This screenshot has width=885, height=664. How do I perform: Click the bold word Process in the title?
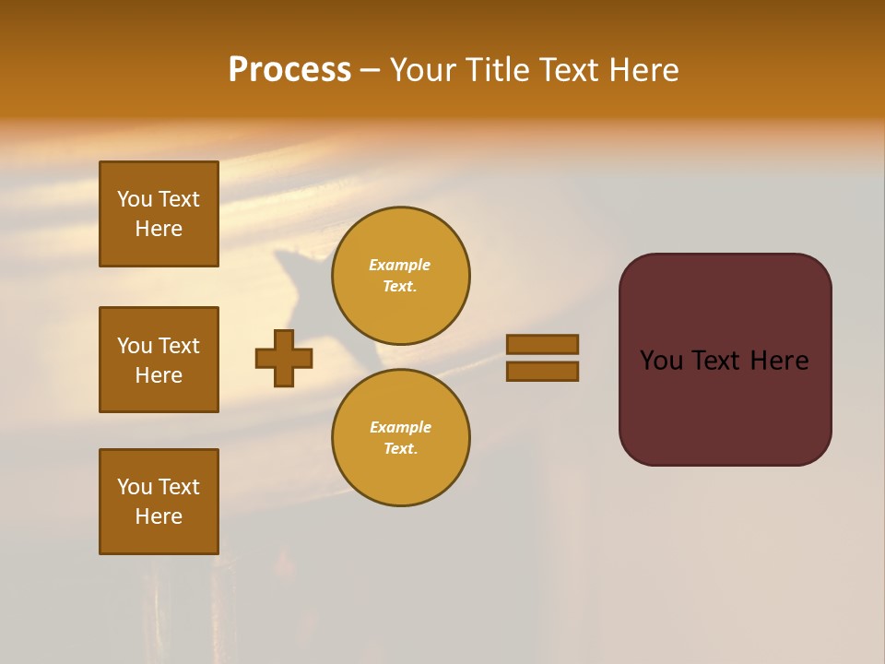pos(289,70)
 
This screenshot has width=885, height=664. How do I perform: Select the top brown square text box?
pos(159,214)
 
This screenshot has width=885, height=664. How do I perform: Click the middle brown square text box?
pos(159,360)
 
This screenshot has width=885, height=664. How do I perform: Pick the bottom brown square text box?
pos(159,501)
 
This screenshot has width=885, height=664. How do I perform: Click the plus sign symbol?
pos(284,358)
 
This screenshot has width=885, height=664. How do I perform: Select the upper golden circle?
pos(400,275)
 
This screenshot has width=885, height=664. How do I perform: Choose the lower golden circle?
pos(400,437)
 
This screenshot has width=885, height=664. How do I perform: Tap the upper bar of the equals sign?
pos(542,344)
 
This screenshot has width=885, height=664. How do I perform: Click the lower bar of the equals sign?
pos(542,371)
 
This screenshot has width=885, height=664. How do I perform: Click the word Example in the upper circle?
pos(400,265)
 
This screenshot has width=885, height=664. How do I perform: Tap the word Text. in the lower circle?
pos(400,448)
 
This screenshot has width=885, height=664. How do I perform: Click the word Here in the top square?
pos(159,229)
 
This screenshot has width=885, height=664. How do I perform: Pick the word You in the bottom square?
pos(135,486)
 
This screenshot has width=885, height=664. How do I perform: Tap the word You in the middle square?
pos(135,346)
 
